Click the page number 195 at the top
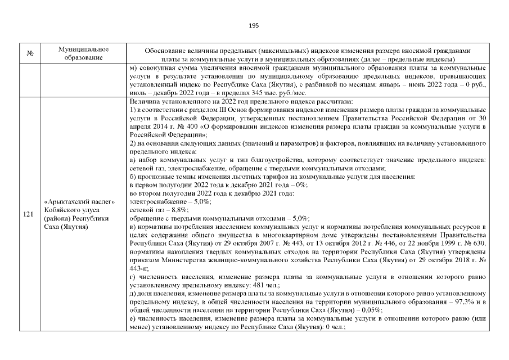pyautogui.click(x=254, y=25)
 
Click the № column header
pyautogui.click(x=28, y=54)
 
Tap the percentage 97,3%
pyautogui.click(x=451, y=301)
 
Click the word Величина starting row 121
pyautogui.click(x=144, y=102)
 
